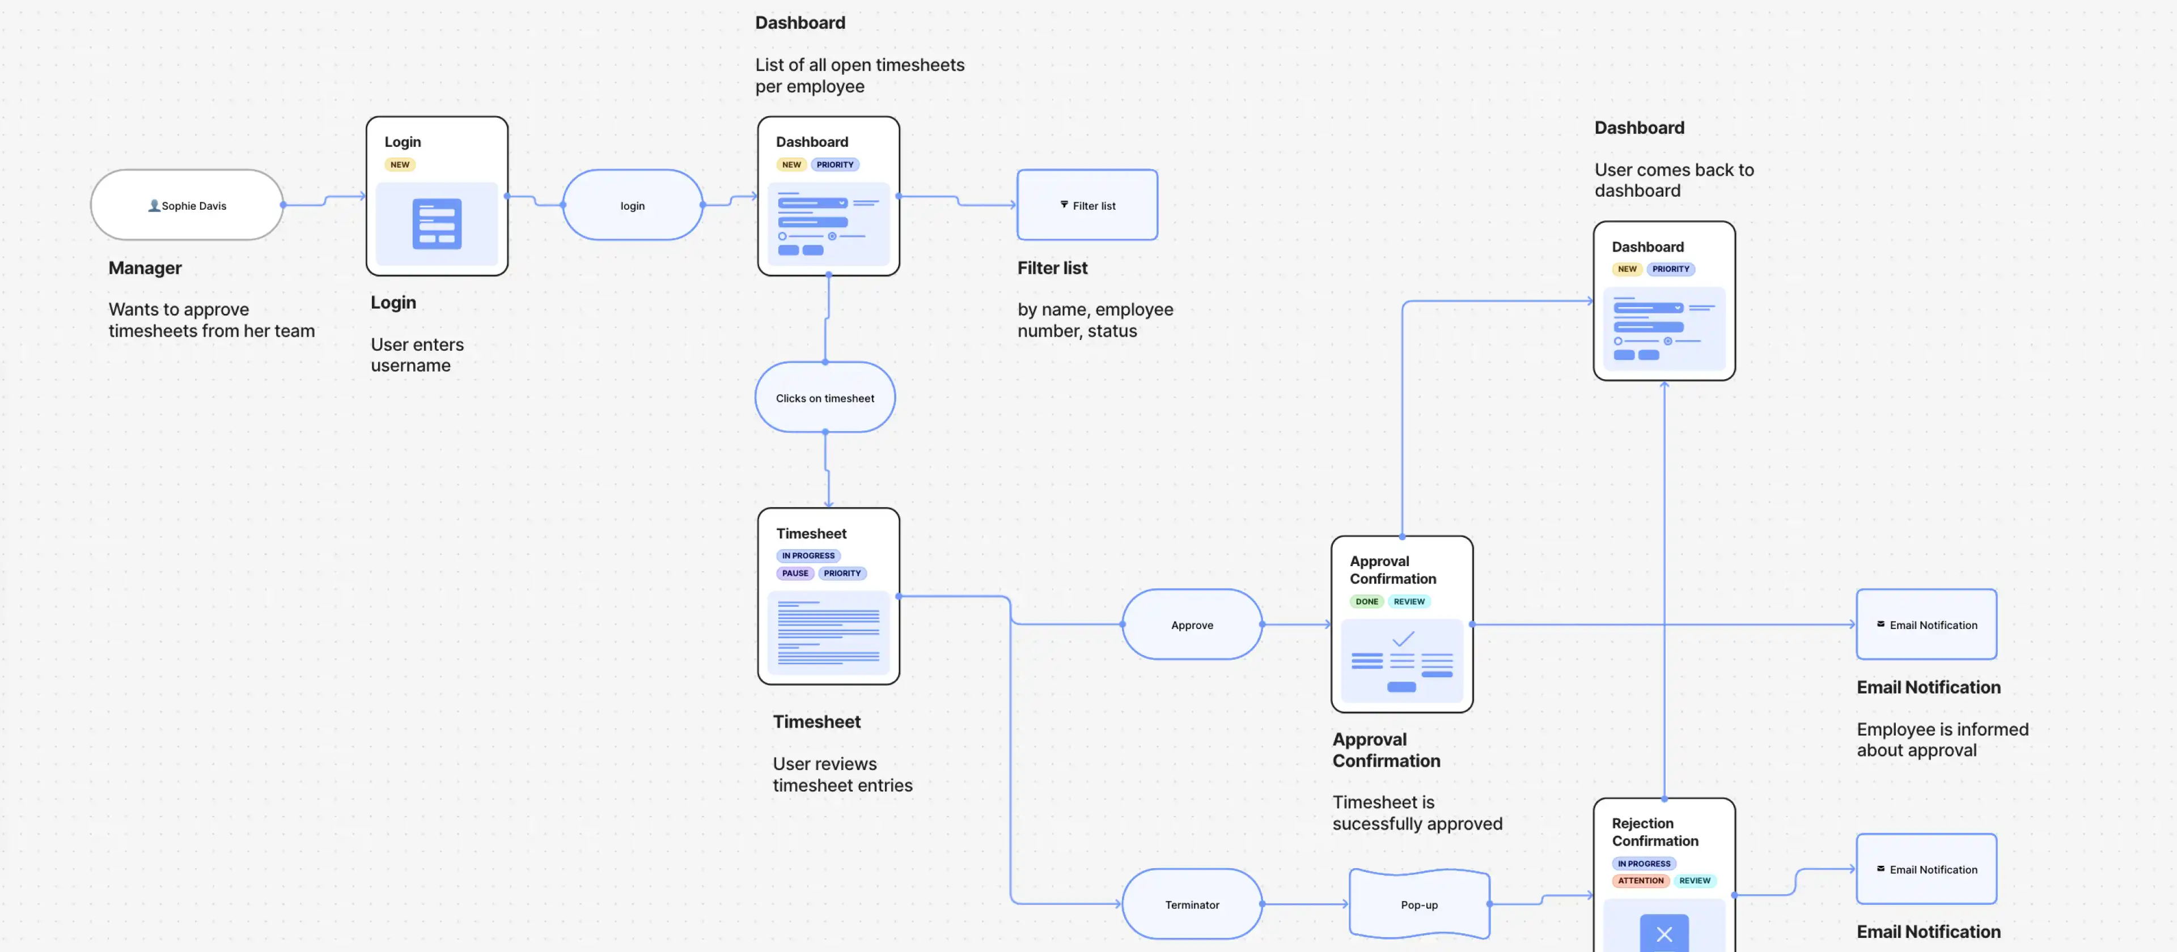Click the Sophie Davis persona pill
[187, 205]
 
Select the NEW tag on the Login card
[400, 165]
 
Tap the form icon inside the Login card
[437, 224]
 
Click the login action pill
[632, 205]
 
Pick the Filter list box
[1087, 205]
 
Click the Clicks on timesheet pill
[825, 398]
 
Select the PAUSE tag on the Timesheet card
[794, 573]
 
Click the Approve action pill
[1192, 625]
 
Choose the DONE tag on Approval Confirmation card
[1366, 601]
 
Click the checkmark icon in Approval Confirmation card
[1403, 639]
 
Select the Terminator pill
[1192, 905]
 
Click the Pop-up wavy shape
[1419, 905]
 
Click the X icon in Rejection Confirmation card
[1664, 933]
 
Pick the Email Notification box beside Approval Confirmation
[1926, 625]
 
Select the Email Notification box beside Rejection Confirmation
[1926, 869]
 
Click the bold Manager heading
[145, 268]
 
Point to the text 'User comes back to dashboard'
[1674, 180]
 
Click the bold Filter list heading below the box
[1052, 268]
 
